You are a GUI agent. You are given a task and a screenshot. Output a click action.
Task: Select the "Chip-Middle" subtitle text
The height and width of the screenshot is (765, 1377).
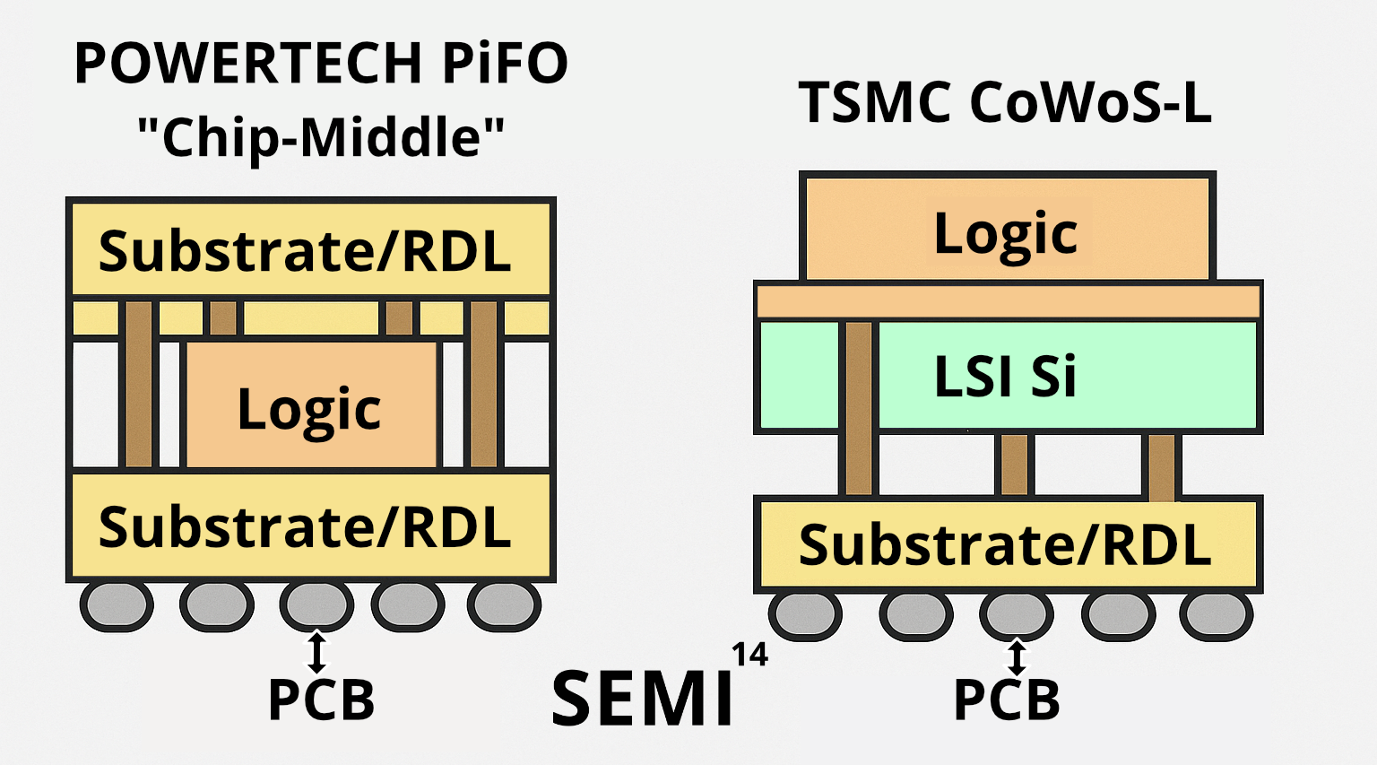pyautogui.click(x=320, y=137)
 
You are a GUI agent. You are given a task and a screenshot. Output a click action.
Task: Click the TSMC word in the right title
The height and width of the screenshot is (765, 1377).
pyautogui.click(x=875, y=102)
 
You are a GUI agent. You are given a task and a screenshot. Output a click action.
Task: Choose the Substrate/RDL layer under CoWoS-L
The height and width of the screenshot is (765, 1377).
pyautogui.click(x=1007, y=544)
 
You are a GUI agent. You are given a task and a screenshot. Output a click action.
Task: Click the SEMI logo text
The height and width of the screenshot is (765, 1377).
pyautogui.click(x=642, y=699)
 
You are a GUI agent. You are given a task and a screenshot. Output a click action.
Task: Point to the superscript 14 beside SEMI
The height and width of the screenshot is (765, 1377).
pyautogui.click(x=749, y=656)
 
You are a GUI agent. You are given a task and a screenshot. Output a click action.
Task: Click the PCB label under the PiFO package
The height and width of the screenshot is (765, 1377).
pyautogui.click(x=321, y=700)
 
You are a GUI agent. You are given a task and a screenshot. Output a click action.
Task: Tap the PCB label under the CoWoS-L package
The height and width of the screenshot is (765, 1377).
pyautogui.click(x=1006, y=700)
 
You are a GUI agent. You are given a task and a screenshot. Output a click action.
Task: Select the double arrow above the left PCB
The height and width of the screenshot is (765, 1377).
pyautogui.click(x=316, y=652)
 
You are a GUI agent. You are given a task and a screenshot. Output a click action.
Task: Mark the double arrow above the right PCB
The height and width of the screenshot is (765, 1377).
pyautogui.click(x=1016, y=657)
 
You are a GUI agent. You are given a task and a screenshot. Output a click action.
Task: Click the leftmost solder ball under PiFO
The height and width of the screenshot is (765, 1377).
pyautogui.click(x=117, y=605)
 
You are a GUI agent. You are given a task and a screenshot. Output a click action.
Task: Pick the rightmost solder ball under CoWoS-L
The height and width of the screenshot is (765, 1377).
pyautogui.click(x=1216, y=615)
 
